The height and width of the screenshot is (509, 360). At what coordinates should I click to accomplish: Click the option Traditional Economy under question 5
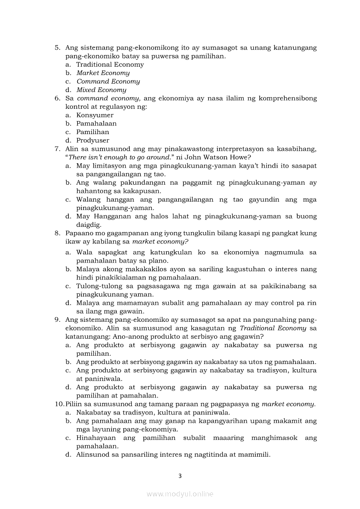tap(110, 64)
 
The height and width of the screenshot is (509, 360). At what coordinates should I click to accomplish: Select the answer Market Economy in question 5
tap(103, 73)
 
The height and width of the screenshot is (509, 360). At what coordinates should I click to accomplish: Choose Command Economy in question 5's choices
tap(108, 81)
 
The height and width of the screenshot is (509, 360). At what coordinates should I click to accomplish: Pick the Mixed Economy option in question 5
tap(101, 90)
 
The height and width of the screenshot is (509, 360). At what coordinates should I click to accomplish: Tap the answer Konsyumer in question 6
tap(95, 115)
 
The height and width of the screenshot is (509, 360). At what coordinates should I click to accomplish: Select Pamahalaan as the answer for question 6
tap(96, 124)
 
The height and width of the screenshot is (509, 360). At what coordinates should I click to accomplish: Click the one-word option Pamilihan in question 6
tap(92, 132)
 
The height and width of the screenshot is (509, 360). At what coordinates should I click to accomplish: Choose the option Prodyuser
tap(92, 141)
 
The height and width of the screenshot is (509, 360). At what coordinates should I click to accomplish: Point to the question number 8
tap(58, 233)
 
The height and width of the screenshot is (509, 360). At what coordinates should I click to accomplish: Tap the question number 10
tap(59, 404)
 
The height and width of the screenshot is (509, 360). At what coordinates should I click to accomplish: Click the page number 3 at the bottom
tap(180, 476)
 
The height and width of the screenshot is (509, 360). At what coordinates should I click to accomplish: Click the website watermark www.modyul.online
tap(180, 494)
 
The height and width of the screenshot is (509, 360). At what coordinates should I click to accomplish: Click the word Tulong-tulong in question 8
tap(95, 286)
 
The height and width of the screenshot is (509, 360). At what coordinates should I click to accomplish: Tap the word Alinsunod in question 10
tap(93, 455)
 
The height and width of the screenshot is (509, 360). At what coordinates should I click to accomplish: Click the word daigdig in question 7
tap(88, 225)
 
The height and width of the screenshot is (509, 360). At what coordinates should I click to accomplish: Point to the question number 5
tap(58, 48)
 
